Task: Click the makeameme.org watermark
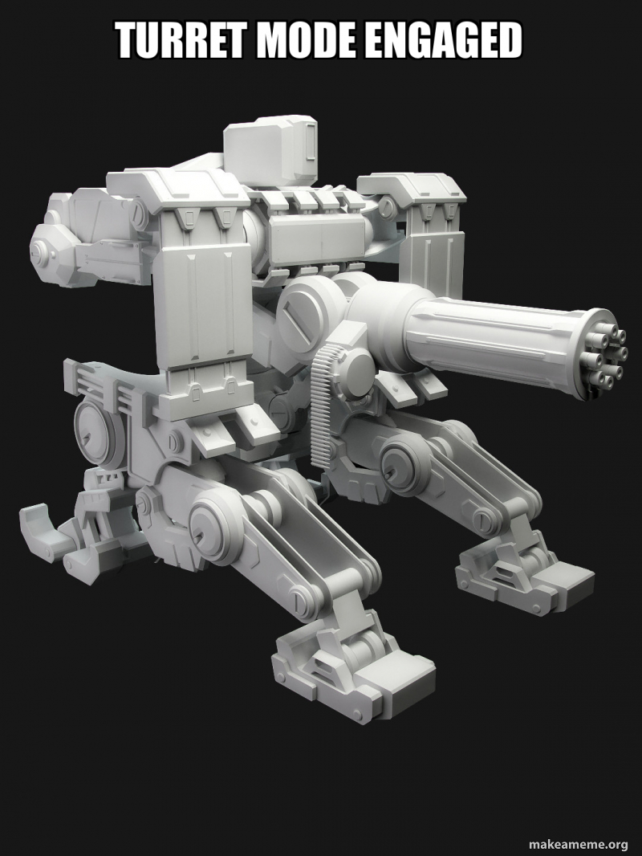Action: [x=578, y=843]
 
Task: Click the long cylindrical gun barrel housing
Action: [x=498, y=337]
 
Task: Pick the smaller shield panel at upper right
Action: [x=433, y=241]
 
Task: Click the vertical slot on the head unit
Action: [x=309, y=145]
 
